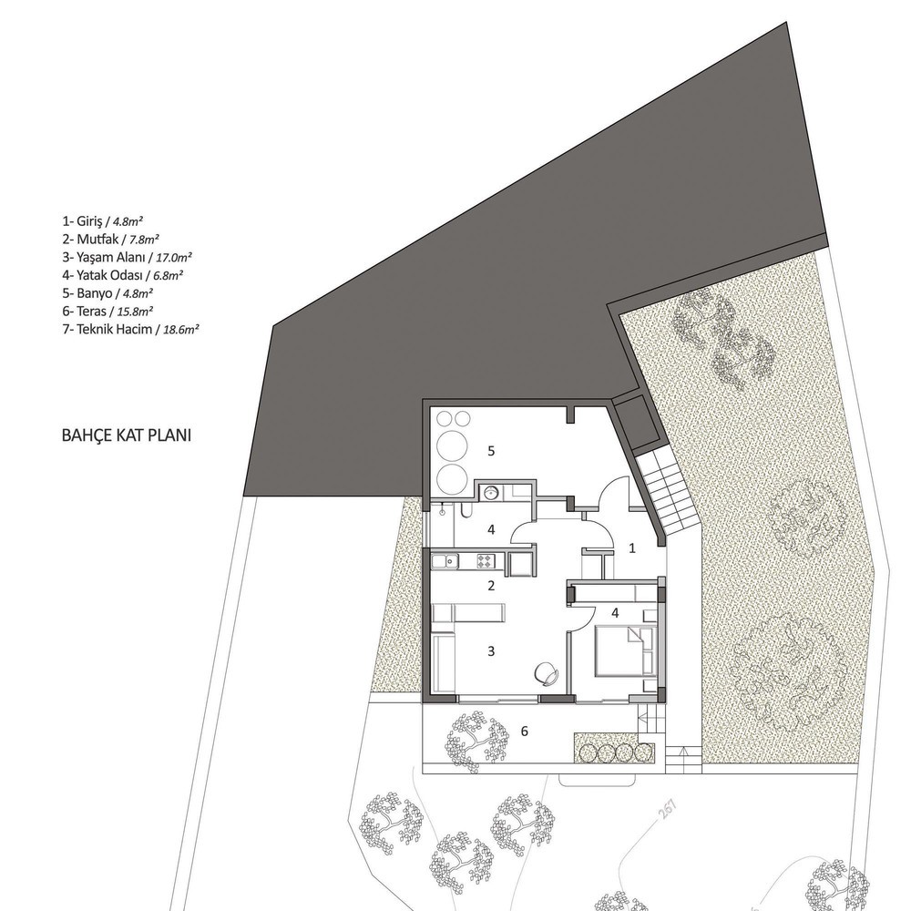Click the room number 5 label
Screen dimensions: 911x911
pos(491,451)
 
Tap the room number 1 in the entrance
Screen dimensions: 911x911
pos(633,548)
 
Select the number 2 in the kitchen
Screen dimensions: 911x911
pos(491,586)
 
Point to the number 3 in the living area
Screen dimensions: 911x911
pos(491,651)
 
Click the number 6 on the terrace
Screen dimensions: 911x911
pos(524,732)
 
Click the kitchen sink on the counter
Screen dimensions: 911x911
pos(445,561)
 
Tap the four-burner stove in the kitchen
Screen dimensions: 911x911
pos(486,561)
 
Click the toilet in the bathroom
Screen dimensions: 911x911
pos(465,510)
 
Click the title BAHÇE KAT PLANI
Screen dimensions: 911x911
pos(126,435)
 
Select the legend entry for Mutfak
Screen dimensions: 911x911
pos(111,239)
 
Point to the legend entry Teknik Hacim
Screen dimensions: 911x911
pos(115,330)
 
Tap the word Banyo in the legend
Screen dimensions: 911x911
pos(94,293)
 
